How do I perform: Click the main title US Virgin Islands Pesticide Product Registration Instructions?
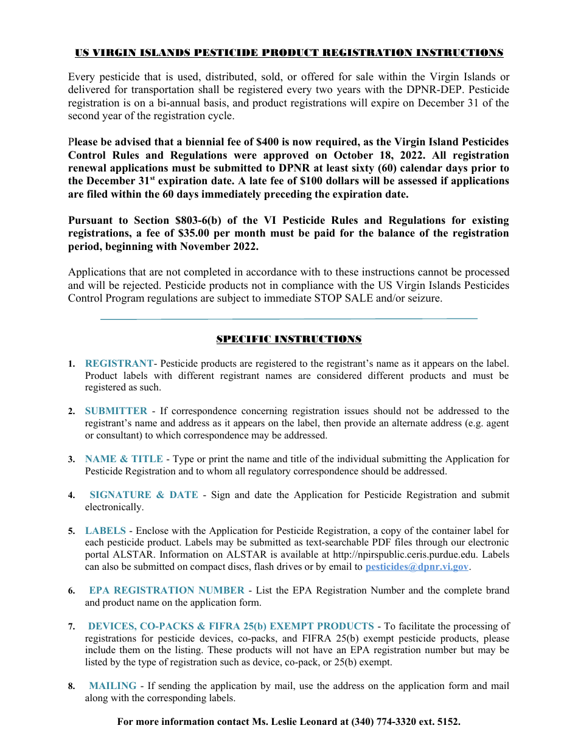tap(289, 53)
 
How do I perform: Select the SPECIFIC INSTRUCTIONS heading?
tap(289, 339)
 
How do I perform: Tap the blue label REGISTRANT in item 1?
tap(119, 364)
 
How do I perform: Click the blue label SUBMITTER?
tap(116, 412)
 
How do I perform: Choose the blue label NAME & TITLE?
tap(124, 459)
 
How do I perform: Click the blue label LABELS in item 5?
tap(105, 531)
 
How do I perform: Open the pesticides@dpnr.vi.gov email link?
tap(417, 567)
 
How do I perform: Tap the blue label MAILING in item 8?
tap(113, 686)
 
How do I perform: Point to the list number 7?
tap(71, 627)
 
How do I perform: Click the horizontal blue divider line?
tap(289, 319)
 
